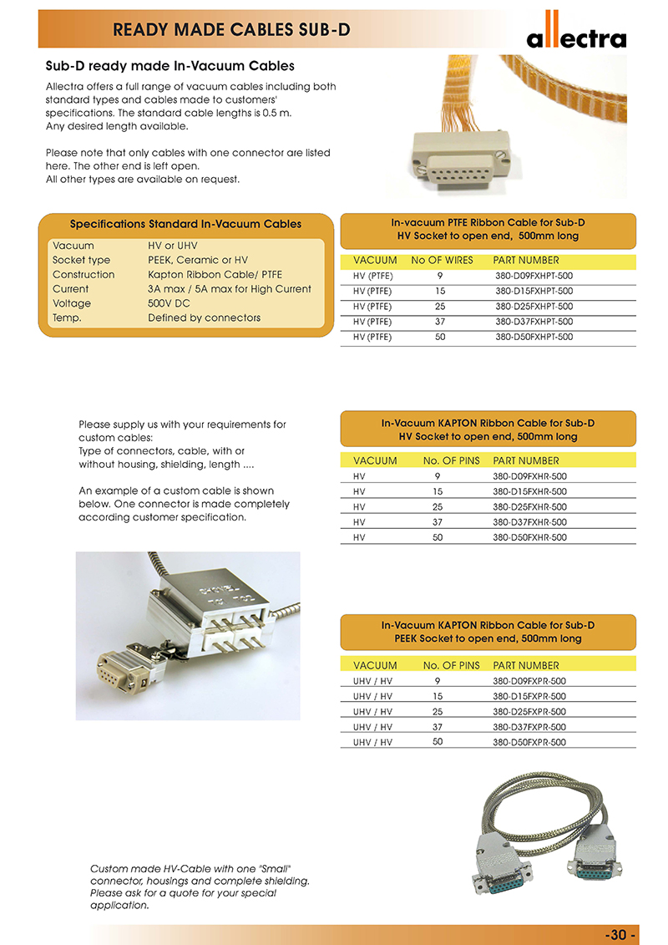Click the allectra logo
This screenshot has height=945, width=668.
(575, 34)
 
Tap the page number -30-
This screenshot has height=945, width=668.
(620, 934)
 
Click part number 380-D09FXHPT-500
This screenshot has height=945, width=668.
(534, 276)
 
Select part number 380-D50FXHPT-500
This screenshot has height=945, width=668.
(534, 338)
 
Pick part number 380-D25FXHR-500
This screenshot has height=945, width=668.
(529, 507)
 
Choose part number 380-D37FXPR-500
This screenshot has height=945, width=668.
(529, 727)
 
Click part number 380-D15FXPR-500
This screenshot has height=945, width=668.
(529, 696)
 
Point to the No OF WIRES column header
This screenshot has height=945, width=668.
(442, 261)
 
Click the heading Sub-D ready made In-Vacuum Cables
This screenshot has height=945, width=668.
(170, 66)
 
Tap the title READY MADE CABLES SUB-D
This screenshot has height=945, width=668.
(231, 31)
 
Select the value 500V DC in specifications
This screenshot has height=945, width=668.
(169, 303)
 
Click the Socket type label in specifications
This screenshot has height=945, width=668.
(81, 261)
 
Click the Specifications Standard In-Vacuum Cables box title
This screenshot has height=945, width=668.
(185, 224)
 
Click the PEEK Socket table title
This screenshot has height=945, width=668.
(488, 632)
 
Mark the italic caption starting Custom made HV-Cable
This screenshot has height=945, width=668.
(200, 887)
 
